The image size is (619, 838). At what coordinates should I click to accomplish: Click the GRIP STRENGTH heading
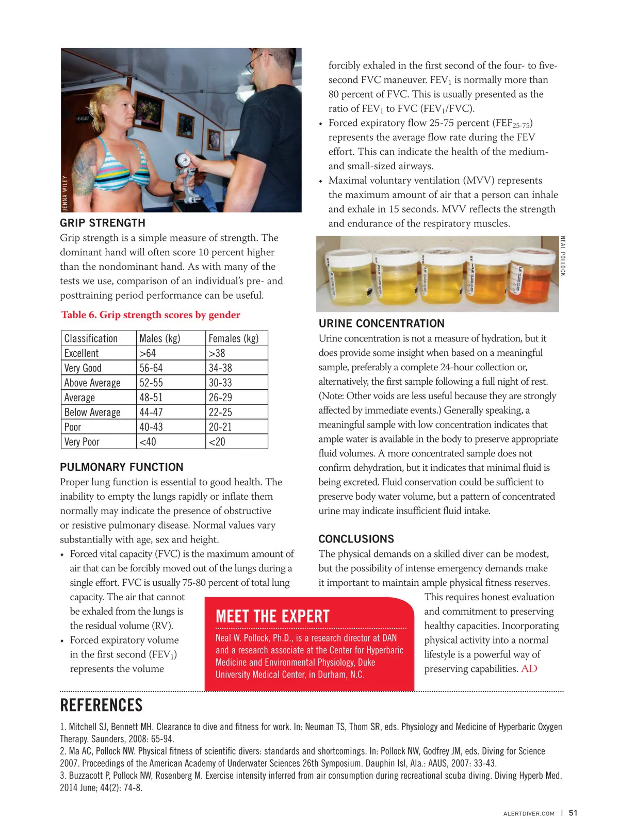103,223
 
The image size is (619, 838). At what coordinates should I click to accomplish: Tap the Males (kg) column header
160,338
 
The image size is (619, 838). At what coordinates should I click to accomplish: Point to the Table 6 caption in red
151,315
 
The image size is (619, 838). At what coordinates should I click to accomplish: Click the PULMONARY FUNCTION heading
122,467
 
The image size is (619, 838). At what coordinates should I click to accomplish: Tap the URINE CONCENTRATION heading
381,323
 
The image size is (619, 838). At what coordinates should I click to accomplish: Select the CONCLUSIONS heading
356,539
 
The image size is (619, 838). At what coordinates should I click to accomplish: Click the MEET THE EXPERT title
272,616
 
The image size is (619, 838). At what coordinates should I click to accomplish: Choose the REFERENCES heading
101,705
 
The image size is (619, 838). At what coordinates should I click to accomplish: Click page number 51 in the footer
573,813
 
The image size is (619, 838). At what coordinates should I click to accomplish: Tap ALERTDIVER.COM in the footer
529,814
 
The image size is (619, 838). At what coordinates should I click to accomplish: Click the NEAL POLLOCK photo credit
563,256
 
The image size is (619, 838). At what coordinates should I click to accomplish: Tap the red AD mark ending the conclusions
529,669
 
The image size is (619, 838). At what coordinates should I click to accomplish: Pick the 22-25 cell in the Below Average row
220,413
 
